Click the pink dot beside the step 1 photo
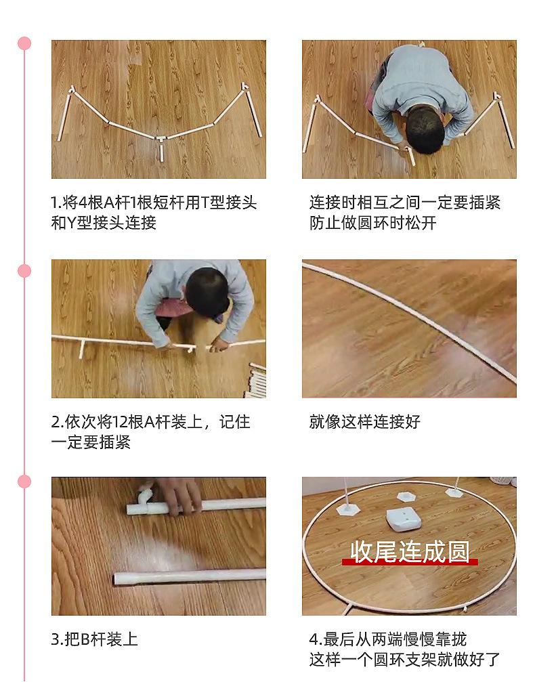click(x=25, y=43)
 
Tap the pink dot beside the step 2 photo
click(x=25, y=271)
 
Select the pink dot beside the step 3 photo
click(x=25, y=482)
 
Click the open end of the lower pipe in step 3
click(x=117, y=579)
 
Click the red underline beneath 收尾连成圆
click(x=409, y=562)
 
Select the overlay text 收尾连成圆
click(x=409, y=551)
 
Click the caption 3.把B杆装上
click(x=95, y=639)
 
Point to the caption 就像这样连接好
click(x=365, y=422)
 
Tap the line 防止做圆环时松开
click(x=373, y=223)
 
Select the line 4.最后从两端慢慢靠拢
click(x=388, y=639)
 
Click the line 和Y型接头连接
click(x=104, y=223)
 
